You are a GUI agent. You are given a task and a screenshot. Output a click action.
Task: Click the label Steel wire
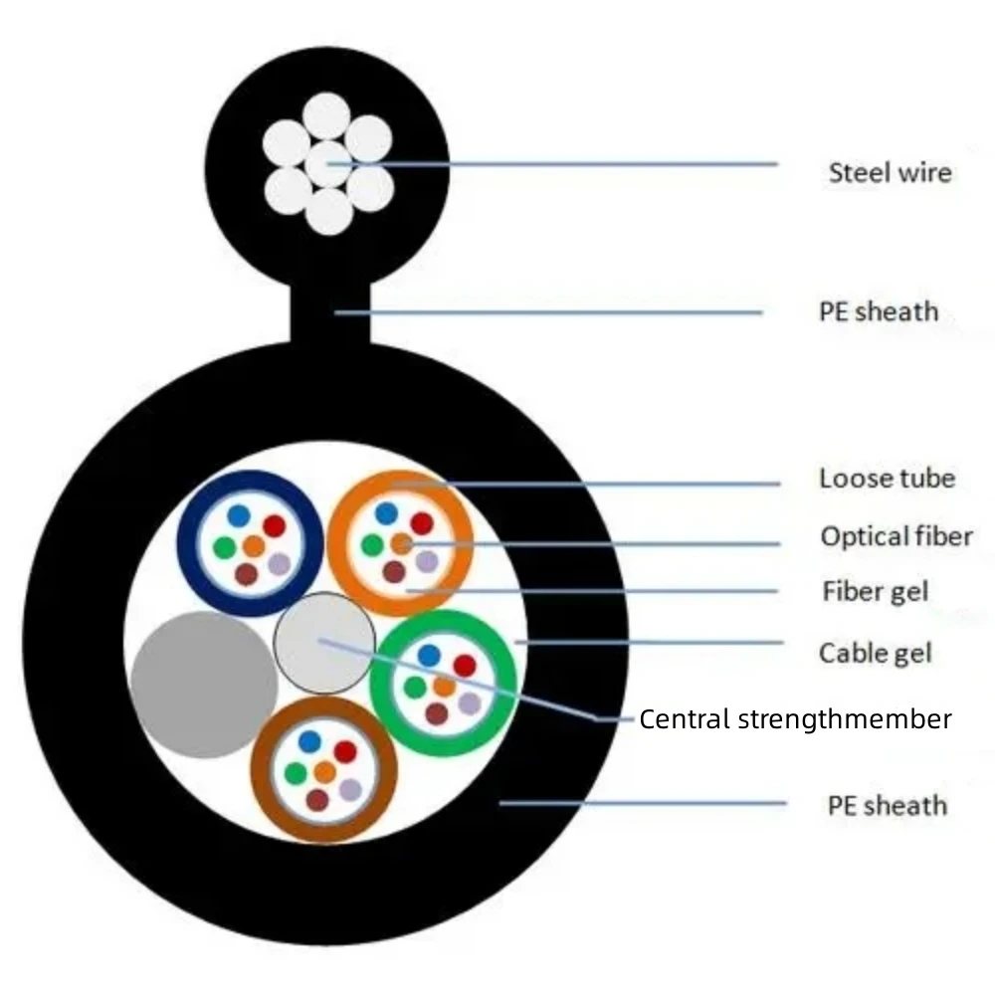point(891,172)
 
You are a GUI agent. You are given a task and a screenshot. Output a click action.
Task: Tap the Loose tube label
point(888,479)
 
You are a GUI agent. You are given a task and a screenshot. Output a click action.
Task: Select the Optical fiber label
point(896,536)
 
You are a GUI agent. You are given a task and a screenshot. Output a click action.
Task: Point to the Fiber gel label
point(876,591)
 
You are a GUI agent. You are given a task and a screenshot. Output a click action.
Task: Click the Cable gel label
point(876,653)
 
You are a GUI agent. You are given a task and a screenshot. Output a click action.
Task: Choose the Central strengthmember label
point(795,719)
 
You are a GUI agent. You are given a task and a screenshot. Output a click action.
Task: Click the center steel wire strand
point(328,164)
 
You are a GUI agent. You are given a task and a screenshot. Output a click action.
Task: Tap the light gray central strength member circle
point(324,643)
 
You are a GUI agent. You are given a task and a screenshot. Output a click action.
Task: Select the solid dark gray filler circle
point(204,685)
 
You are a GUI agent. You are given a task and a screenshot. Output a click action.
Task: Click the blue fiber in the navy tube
point(239,515)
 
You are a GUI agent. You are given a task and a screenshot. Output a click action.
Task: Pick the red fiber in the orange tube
point(422,523)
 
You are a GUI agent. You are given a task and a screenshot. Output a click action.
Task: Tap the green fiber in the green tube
point(415,687)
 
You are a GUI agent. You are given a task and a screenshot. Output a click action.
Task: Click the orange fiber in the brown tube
point(325,772)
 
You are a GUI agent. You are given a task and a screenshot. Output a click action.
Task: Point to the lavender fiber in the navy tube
point(280,563)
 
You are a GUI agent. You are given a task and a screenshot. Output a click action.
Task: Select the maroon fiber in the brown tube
point(317,800)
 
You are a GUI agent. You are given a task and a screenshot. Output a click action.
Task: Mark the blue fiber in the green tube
point(430,656)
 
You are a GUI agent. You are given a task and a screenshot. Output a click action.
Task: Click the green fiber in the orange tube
point(372,544)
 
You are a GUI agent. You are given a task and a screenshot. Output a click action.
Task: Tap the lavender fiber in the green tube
point(470,703)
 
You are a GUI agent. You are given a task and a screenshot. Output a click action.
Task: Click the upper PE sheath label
point(879,311)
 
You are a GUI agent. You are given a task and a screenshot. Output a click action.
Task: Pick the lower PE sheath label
point(888,806)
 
